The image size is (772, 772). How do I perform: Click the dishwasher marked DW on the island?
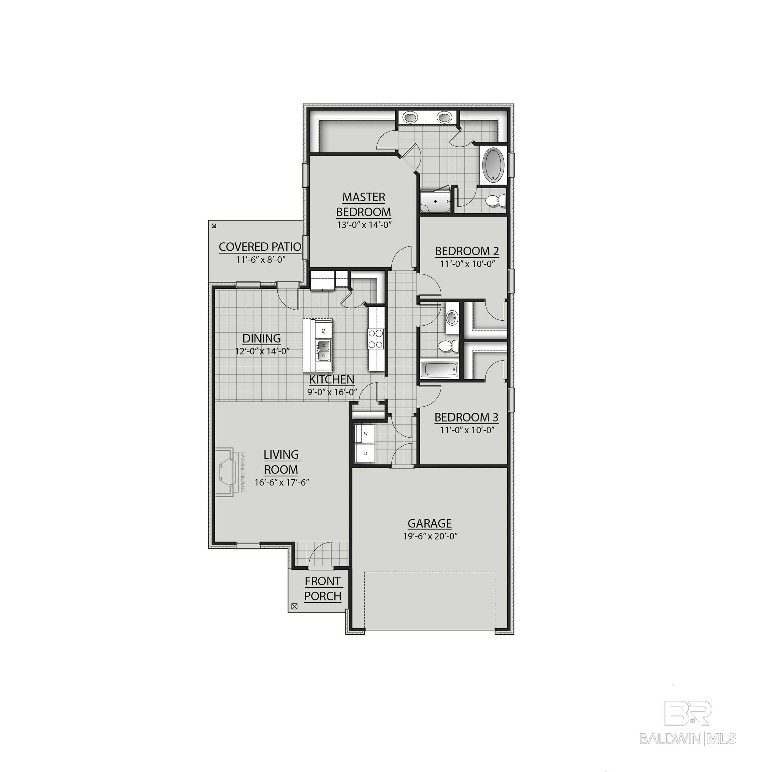[x=323, y=330]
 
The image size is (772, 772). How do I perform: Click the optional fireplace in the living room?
[x=226, y=471]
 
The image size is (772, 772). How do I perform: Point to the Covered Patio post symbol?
[x=214, y=226]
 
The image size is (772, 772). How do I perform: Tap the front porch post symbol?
[x=295, y=606]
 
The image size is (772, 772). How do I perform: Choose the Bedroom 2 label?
[x=467, y=251]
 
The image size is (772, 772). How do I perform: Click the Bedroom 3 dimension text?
[x=467, y=430]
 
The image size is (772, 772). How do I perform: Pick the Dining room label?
[x=262, y=338]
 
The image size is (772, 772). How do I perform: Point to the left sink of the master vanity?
[x=410, y=118]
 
